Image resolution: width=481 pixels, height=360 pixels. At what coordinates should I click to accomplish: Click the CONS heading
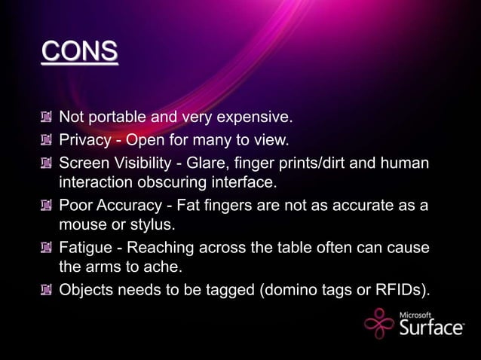[x=80, y=52]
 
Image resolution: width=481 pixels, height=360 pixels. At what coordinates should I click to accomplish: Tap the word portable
[x=117, y=117]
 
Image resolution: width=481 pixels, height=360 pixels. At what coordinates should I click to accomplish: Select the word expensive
[x=253, y=117]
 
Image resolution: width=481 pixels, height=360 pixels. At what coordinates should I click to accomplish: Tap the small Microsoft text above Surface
[x=415, y=315]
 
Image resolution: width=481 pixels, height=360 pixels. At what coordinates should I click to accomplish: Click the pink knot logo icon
[x=378, y=325]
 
